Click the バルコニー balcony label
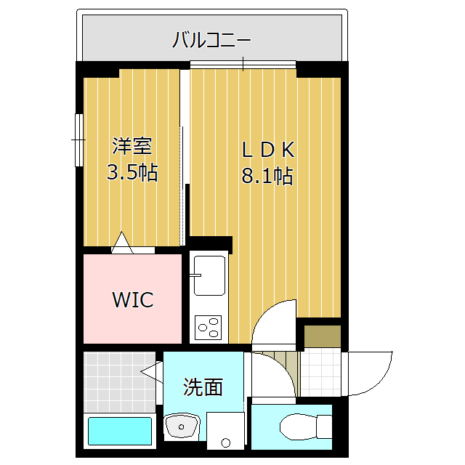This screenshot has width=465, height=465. pos(211,40)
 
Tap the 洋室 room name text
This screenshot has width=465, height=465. pos(132,146)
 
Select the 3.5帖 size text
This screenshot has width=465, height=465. pos(132,174)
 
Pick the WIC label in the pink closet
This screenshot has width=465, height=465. pos(132,299)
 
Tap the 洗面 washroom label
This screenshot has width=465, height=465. pos(203,387)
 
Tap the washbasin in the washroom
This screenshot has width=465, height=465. pos(177,426)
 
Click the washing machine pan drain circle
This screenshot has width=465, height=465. pos(225,442)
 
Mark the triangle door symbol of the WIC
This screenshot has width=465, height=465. pos(122,242)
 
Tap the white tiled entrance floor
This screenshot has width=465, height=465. pos(320,373)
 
